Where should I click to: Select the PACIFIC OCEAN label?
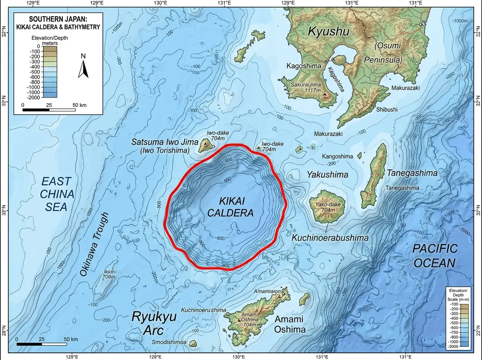click(x=435, y=256)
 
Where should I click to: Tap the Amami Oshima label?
click(x=290, y=323)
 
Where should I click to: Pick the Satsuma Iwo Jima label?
click(x=165, y=142)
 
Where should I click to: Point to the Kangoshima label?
click(x=337, y=156)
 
